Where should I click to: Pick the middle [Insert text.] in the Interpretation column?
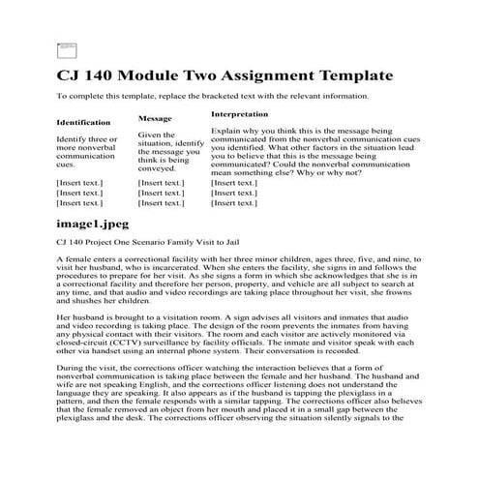coord(234,193)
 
